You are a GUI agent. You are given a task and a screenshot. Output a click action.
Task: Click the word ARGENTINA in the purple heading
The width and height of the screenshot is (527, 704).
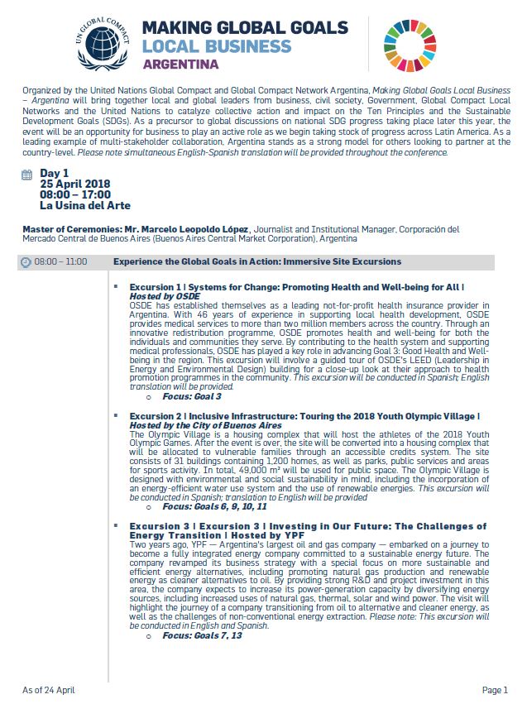point(181,63)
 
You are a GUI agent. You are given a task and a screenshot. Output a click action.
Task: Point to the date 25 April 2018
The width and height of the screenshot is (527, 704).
point(75,184)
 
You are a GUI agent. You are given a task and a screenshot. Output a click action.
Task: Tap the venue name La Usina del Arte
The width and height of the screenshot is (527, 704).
point(85,205)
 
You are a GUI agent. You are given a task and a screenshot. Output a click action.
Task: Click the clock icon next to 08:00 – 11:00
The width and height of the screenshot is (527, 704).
point(26,262)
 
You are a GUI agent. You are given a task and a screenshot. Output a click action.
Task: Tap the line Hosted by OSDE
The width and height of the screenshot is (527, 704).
point(165,295)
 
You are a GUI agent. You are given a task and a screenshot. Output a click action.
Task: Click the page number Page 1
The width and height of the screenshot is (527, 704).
point(494,689)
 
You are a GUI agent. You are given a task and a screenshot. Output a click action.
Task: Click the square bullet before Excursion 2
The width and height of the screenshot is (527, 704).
point(116,416)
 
